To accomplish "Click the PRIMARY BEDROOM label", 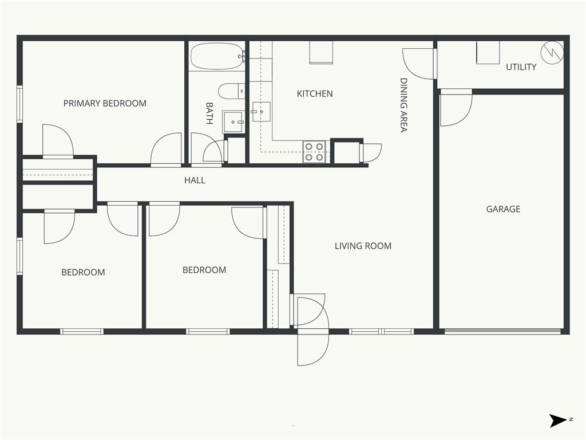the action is [x=105, y=103].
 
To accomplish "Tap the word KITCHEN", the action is [x=315, y=93].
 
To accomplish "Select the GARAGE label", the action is [x=503, y=209].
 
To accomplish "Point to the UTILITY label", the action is [x=521, y=67].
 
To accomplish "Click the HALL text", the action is [x=195, y=180].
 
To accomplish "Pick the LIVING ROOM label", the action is [x=363, y=246].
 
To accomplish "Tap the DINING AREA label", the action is [x=403, y=105].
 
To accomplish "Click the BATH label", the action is [x=209, y=113].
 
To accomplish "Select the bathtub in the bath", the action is [x=217, y=56].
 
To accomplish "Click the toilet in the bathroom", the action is [x=231, y=91].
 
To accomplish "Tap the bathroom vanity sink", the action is [x=233, y=121].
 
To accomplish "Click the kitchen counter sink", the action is [x=261, y=112].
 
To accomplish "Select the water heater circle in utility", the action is [x=552, y=53].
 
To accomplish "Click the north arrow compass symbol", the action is [x=558, y=421].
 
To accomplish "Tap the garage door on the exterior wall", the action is [x=502, y=331].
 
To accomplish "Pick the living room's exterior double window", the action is [x=381, y=331].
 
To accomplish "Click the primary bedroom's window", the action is [x=20, y=104].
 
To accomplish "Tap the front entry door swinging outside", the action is [x=313, y=347].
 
